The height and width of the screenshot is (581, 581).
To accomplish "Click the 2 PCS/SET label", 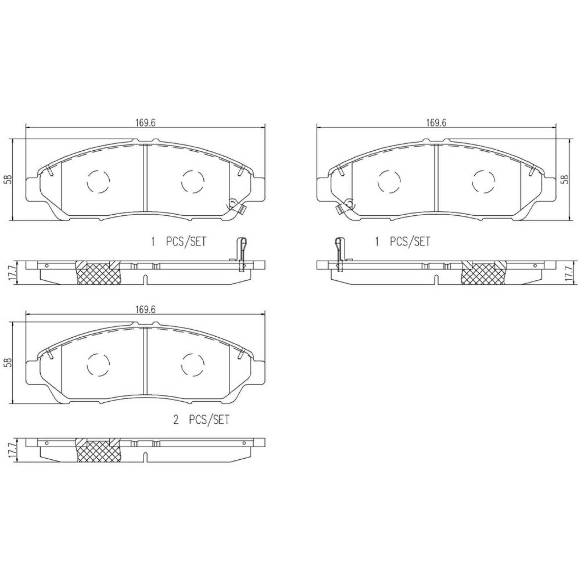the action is tap(202, 420).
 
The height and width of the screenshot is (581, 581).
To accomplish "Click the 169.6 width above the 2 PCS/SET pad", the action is tap(145, 309).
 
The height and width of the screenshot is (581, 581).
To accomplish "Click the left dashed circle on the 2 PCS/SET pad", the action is tap(98, 365).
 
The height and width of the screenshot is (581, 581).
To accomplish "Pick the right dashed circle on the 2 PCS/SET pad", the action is tap(192, 365).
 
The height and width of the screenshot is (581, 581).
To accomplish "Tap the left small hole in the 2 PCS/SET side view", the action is tap(47, 443).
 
